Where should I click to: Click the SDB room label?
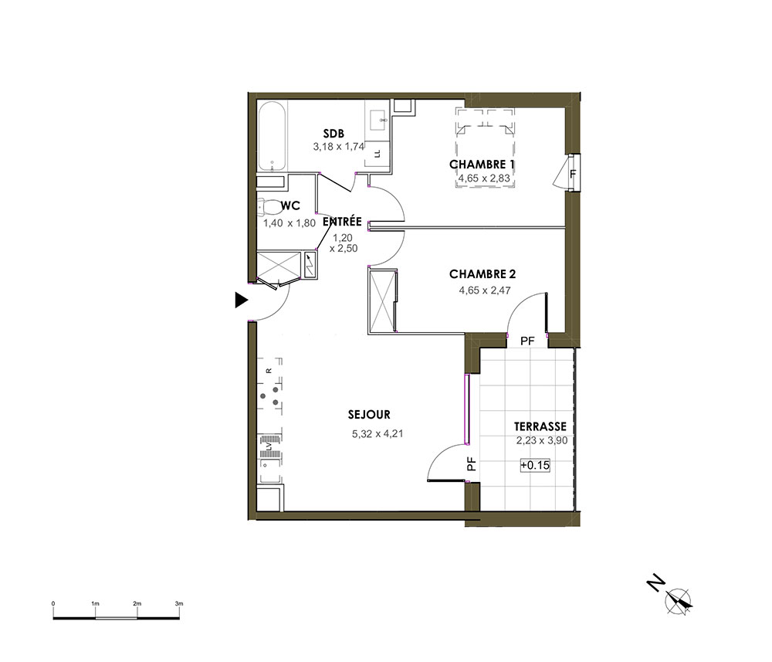coord(334,134)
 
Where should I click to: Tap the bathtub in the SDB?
coord(272,135)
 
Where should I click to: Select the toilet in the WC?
coord(268,207)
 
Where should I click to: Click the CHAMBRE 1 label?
coord(482,165)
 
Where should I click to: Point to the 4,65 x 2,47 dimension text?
coord(485,290)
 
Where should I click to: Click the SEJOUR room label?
coord(369,415)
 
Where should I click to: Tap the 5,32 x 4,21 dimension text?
coord(378,434)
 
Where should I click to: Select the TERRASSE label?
coord(540,426)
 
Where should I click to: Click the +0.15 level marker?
coord(535,465)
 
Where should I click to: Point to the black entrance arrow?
coord(241,300)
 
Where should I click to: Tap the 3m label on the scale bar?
coord(179,603)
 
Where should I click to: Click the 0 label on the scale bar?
coord(53,603)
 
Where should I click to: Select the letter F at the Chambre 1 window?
coord(573,174)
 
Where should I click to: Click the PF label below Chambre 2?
coord(527,341)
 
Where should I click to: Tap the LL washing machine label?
coord(378,153)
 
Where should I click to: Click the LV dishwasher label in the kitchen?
coord(269,446)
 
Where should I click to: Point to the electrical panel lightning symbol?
coord(310,265)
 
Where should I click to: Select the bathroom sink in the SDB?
coord(378,118)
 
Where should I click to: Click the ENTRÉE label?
coord(342,222)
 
